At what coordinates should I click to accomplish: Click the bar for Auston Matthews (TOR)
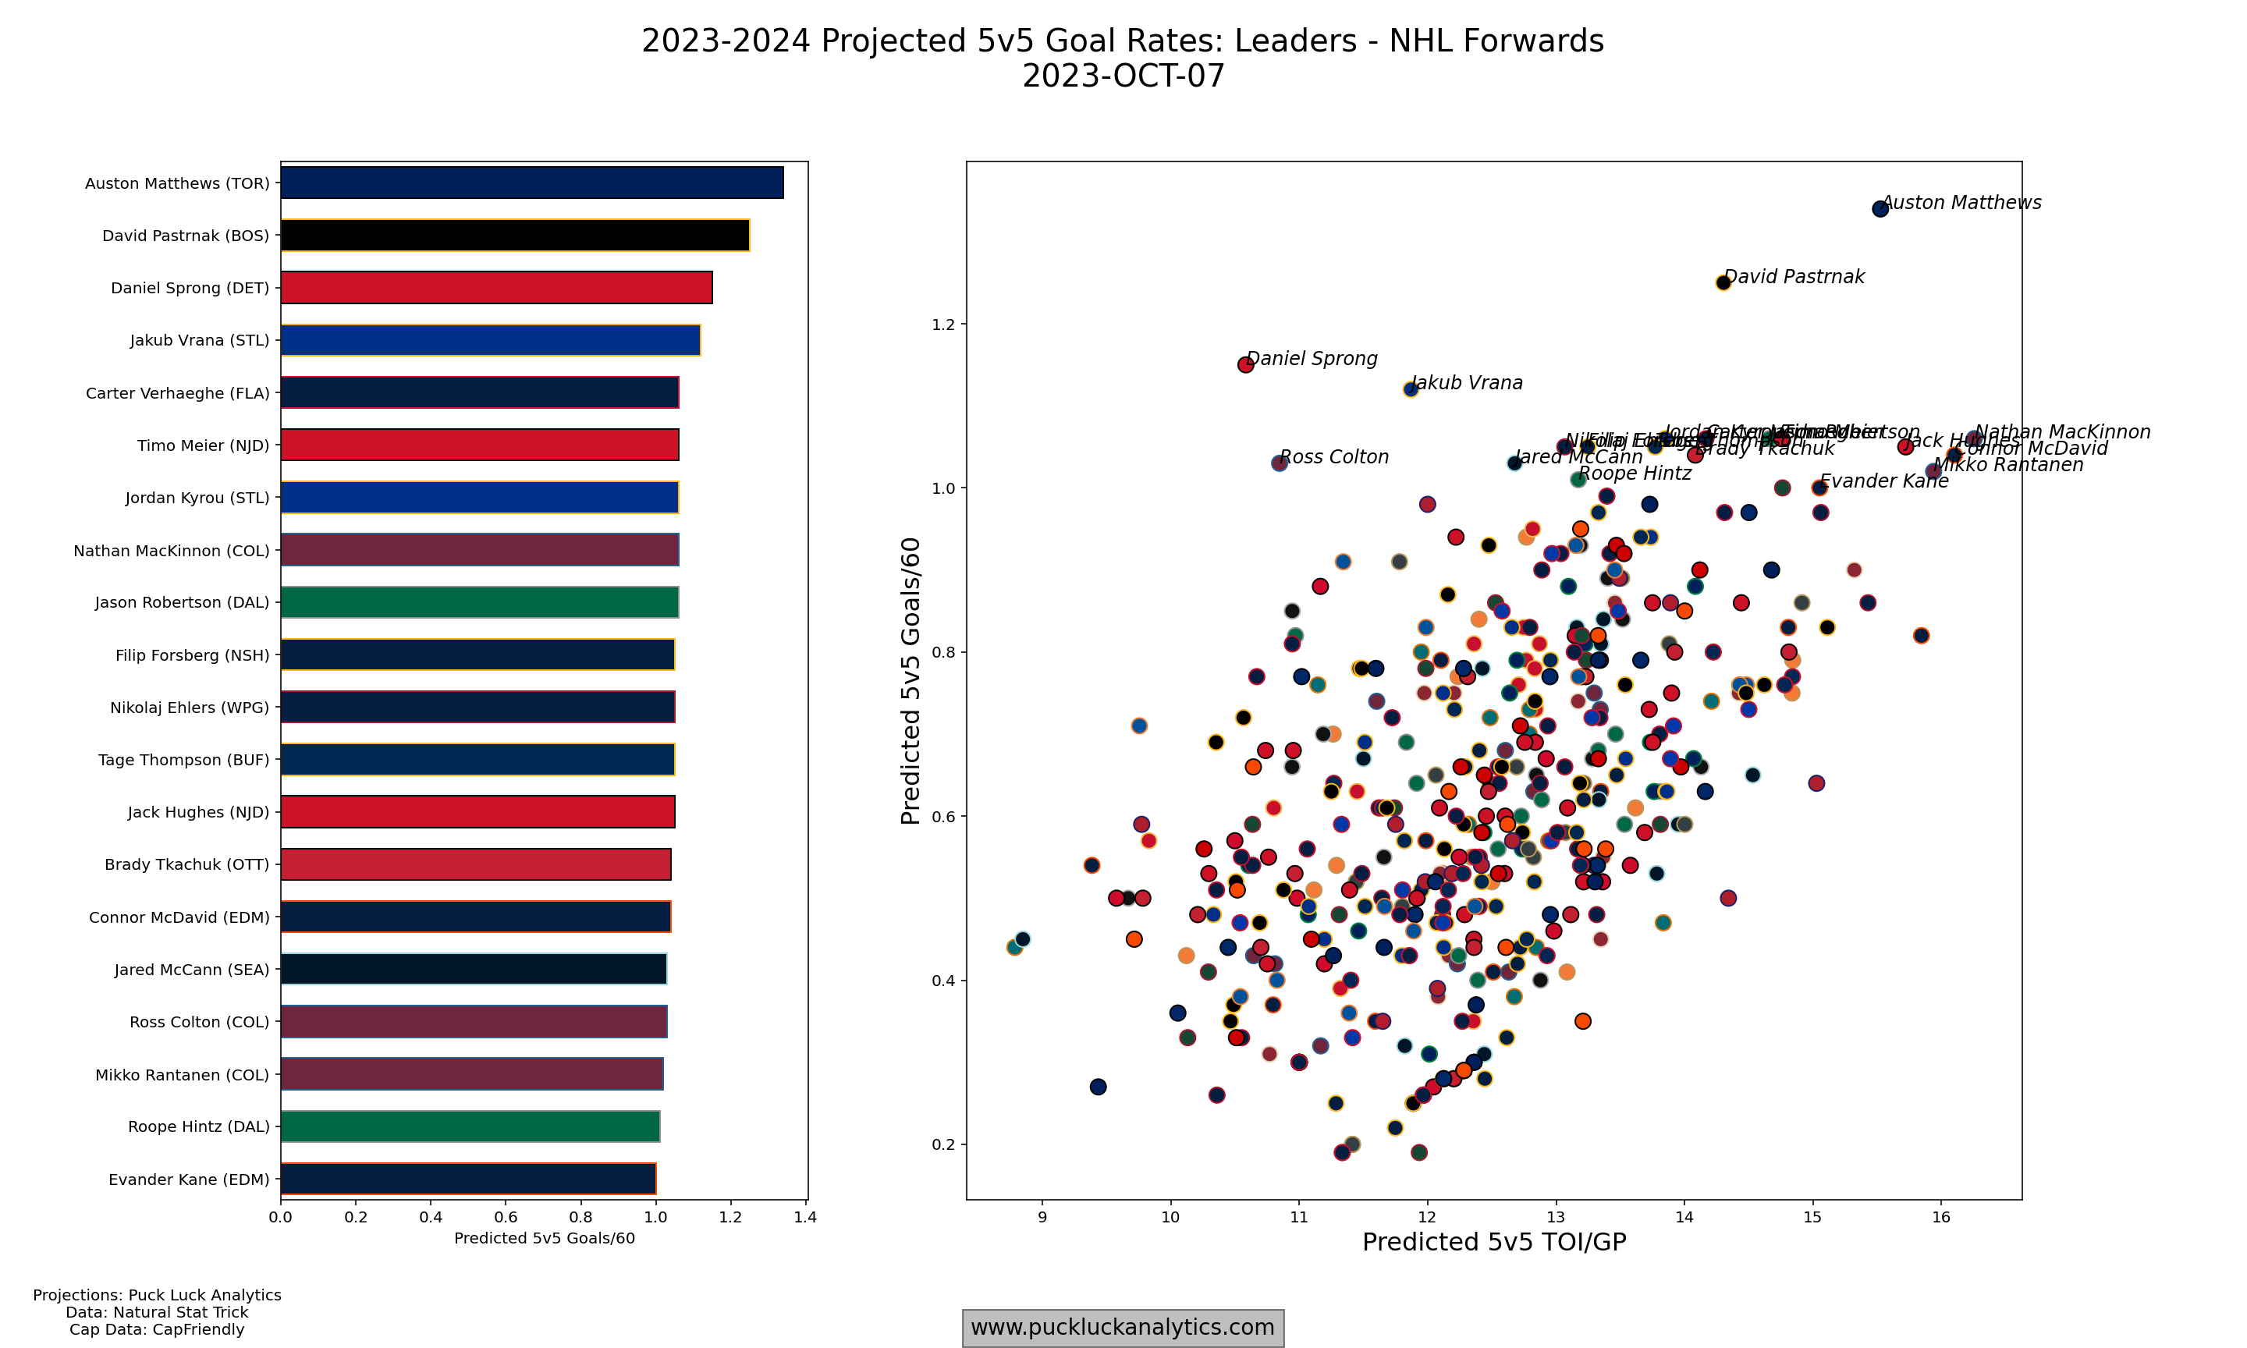[531, 183]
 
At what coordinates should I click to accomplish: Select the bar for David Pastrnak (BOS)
[514, 236]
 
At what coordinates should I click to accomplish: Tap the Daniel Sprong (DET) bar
[496, 288]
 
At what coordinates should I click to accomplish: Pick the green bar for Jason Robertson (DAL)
[478, 602]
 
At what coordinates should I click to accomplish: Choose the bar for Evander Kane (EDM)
[468, 1179]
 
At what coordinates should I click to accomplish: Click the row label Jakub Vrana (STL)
[199, 341]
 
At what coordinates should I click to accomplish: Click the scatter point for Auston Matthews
[1880, 209]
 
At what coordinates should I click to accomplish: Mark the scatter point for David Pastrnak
[1723, 282]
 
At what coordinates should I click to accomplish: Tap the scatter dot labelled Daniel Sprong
[1245, 364]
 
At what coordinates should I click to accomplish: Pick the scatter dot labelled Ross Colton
[1280, 463]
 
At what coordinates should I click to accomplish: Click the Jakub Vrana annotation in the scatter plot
[1467, 383]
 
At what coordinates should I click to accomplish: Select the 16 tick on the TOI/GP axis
[1941, 1217]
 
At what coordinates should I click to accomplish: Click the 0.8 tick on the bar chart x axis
[580, 1217]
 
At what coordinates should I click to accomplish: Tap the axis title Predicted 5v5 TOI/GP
[1494, 1243]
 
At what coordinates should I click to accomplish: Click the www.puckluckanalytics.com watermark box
[1123, 1328]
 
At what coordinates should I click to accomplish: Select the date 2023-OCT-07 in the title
[1123, 76]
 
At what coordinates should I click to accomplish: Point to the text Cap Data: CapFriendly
[157, 1330]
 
